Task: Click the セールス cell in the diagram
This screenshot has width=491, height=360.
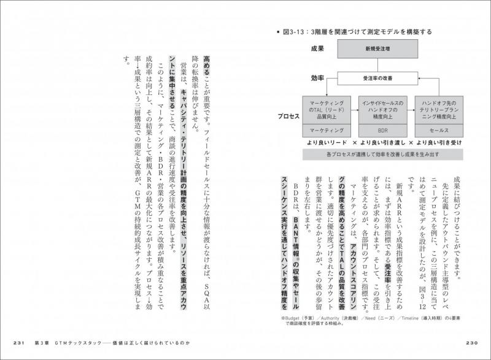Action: (x=438, y=130)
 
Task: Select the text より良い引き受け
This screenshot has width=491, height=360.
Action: (x=440, y=142)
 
